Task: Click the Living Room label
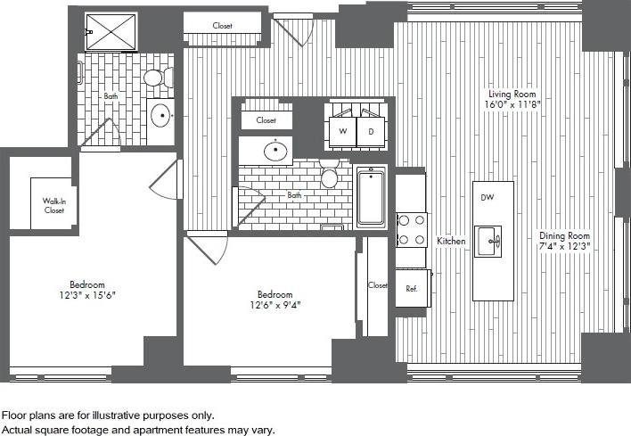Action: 512,94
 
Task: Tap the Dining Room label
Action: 565,236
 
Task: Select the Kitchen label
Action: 451,242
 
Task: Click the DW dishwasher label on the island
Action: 487,197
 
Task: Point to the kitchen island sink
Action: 488,240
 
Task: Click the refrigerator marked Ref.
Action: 412,288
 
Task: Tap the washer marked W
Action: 341,132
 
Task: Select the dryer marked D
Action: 370,132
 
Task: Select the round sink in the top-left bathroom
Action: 161,114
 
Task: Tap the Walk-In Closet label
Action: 53,207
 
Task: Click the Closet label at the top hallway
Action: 222,26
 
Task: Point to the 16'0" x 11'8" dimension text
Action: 512,104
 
